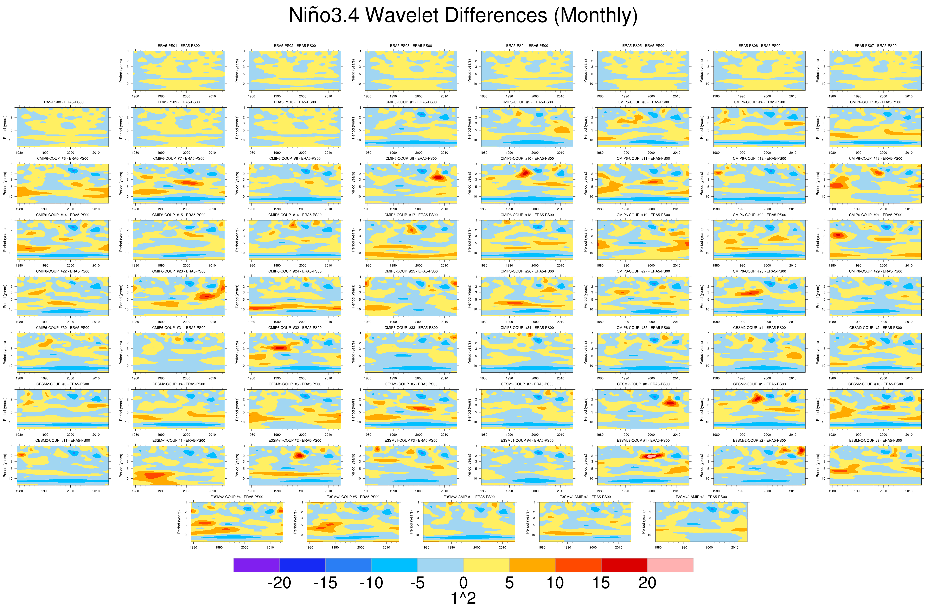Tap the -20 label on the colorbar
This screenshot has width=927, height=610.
pos(279,583)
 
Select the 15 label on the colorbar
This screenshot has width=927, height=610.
pos(601,583)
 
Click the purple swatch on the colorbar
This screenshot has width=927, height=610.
pos(256,565)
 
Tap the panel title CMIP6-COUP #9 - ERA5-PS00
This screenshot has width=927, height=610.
pos(411,159)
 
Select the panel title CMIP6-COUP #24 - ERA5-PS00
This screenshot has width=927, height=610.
pos(295,271)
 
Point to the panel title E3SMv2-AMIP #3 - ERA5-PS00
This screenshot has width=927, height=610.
pos(701,497)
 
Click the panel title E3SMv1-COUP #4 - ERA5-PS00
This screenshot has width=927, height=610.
pos(527,440)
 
